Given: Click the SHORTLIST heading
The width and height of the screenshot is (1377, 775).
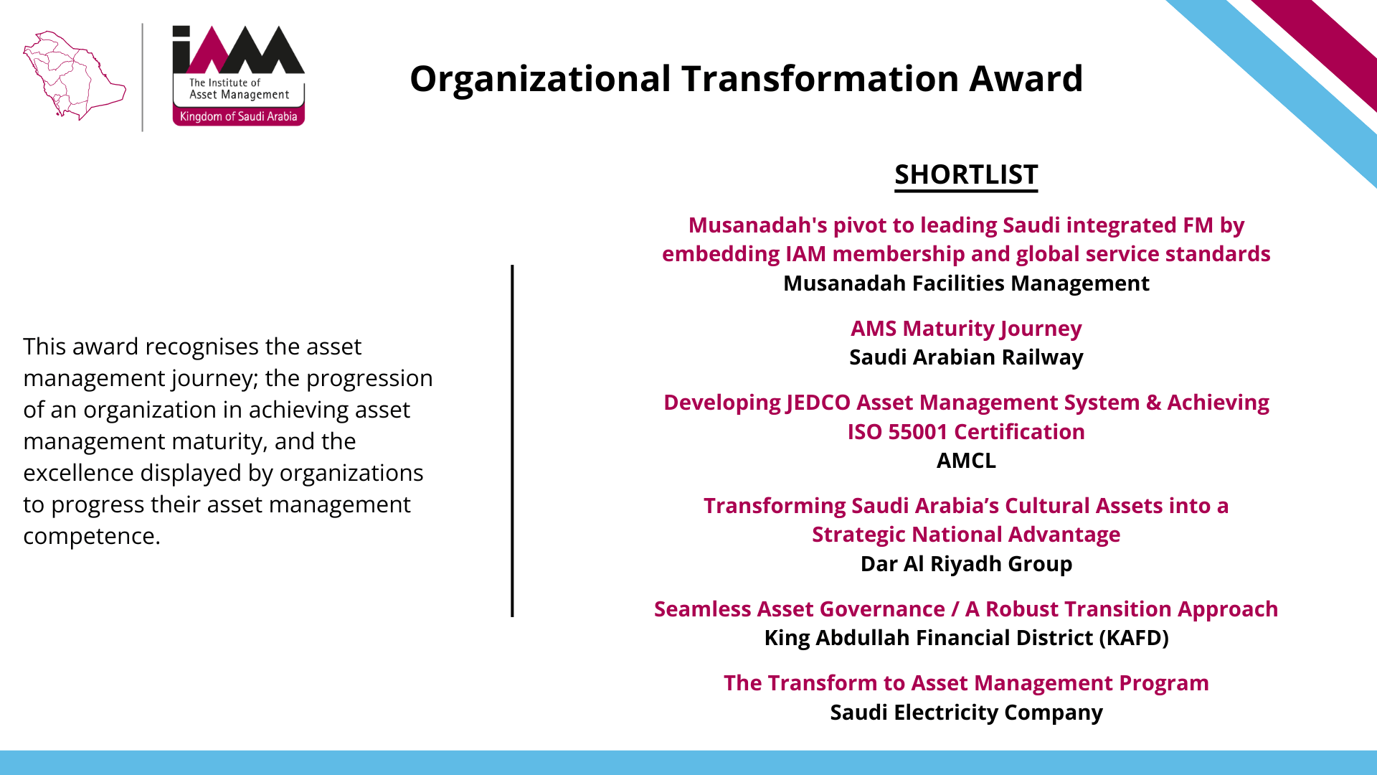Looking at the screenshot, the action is tap(966, 174).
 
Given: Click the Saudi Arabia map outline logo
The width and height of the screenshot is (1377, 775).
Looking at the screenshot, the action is tap(75, 75).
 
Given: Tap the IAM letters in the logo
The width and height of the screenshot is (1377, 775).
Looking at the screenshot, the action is tap(238, 50).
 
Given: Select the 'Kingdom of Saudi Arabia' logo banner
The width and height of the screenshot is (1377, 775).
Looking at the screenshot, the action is tap(238, 116).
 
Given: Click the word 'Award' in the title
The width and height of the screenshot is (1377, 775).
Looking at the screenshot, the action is tap(1026, 78).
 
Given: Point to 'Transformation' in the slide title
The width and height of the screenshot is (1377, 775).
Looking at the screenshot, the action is tap(820, 78).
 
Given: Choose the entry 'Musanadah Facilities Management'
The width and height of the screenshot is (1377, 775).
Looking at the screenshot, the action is tap(966, 283).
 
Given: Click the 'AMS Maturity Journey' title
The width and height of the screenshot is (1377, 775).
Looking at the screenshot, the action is tap(966, 329).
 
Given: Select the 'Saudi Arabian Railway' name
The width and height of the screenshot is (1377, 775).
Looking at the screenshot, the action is tap(966, 357).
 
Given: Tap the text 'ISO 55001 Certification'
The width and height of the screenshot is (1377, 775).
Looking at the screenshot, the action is tap(966, 432).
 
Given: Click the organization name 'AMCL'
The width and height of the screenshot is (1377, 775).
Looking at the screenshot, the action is tap(966, 461).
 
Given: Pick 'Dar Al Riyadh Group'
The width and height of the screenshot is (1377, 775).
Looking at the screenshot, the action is tap(966, 564).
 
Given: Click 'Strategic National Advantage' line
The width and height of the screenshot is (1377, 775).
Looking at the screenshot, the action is tap(966, 535).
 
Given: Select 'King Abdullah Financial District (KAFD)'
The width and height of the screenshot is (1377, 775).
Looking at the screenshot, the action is tap(966, 638).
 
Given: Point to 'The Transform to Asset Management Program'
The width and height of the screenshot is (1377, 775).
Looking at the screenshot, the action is tap(966, 683).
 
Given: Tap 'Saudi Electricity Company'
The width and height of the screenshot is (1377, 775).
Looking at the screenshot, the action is tap(966, 713).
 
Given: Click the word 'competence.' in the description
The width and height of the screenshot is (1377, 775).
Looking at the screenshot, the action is tap(92, 536).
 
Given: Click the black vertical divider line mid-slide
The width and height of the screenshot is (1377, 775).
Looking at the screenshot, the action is tap(512, 441).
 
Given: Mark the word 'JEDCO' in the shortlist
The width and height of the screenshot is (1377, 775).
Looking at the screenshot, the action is tap(818, 403).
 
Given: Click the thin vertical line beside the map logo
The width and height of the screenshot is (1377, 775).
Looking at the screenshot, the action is tap(142, 77).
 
